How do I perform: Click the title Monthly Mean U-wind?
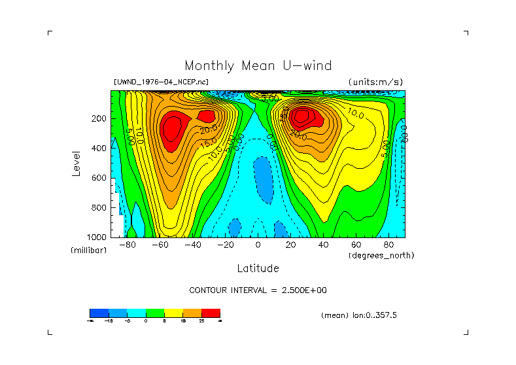258,65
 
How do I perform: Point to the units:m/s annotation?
375,82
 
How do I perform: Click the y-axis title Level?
77,162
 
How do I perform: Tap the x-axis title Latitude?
258,268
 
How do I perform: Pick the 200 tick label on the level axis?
99,118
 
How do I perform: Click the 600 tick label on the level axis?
99,178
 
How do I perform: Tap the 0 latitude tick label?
258,245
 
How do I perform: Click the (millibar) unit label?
88,251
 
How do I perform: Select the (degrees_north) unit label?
381,255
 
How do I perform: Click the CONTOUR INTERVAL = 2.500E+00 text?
258,290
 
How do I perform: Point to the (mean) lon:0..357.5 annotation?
359,315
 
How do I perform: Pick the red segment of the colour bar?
211,313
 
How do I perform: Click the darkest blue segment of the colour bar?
99,313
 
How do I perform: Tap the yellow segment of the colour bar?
173,313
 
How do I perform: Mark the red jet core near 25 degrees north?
303,117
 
